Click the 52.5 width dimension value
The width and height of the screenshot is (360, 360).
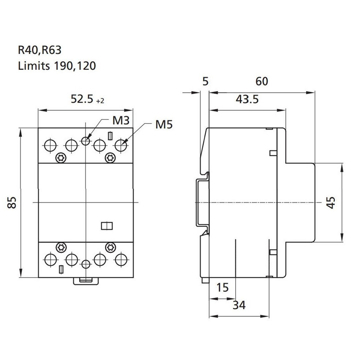(x=82, y=99)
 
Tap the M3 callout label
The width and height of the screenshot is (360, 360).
(x=121, y=121)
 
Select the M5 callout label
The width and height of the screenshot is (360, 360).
(x=164, y=125)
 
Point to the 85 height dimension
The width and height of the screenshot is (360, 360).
(x=12, y=202)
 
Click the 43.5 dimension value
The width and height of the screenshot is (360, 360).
(x=247, y=99)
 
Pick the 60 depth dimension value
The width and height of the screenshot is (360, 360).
(x=262, y=81)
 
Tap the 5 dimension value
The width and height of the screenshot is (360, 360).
(x=206, y=81)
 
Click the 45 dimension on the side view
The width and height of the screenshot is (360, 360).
(x=331, y=202)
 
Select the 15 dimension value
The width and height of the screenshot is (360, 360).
(x=223, y=288)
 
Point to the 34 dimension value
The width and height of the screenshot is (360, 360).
(x=239, y=305)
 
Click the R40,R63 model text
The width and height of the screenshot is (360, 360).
(x=40, y=50)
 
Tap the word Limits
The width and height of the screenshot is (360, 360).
(x=34, y=66)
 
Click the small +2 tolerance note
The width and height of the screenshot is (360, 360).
(x=100, y=101)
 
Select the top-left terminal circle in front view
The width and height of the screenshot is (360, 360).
(x=50, y=145)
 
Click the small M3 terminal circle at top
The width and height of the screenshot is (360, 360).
(x=85, y=141)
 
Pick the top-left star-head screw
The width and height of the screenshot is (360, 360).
(x=61, y=158)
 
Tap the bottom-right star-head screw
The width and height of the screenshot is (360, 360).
(x=110, y=247)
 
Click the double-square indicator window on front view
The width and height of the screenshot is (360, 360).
(x=107, y=226)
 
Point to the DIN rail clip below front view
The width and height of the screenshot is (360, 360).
(x=86, y=281)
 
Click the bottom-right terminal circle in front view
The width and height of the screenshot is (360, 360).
(x=121, y=260)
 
